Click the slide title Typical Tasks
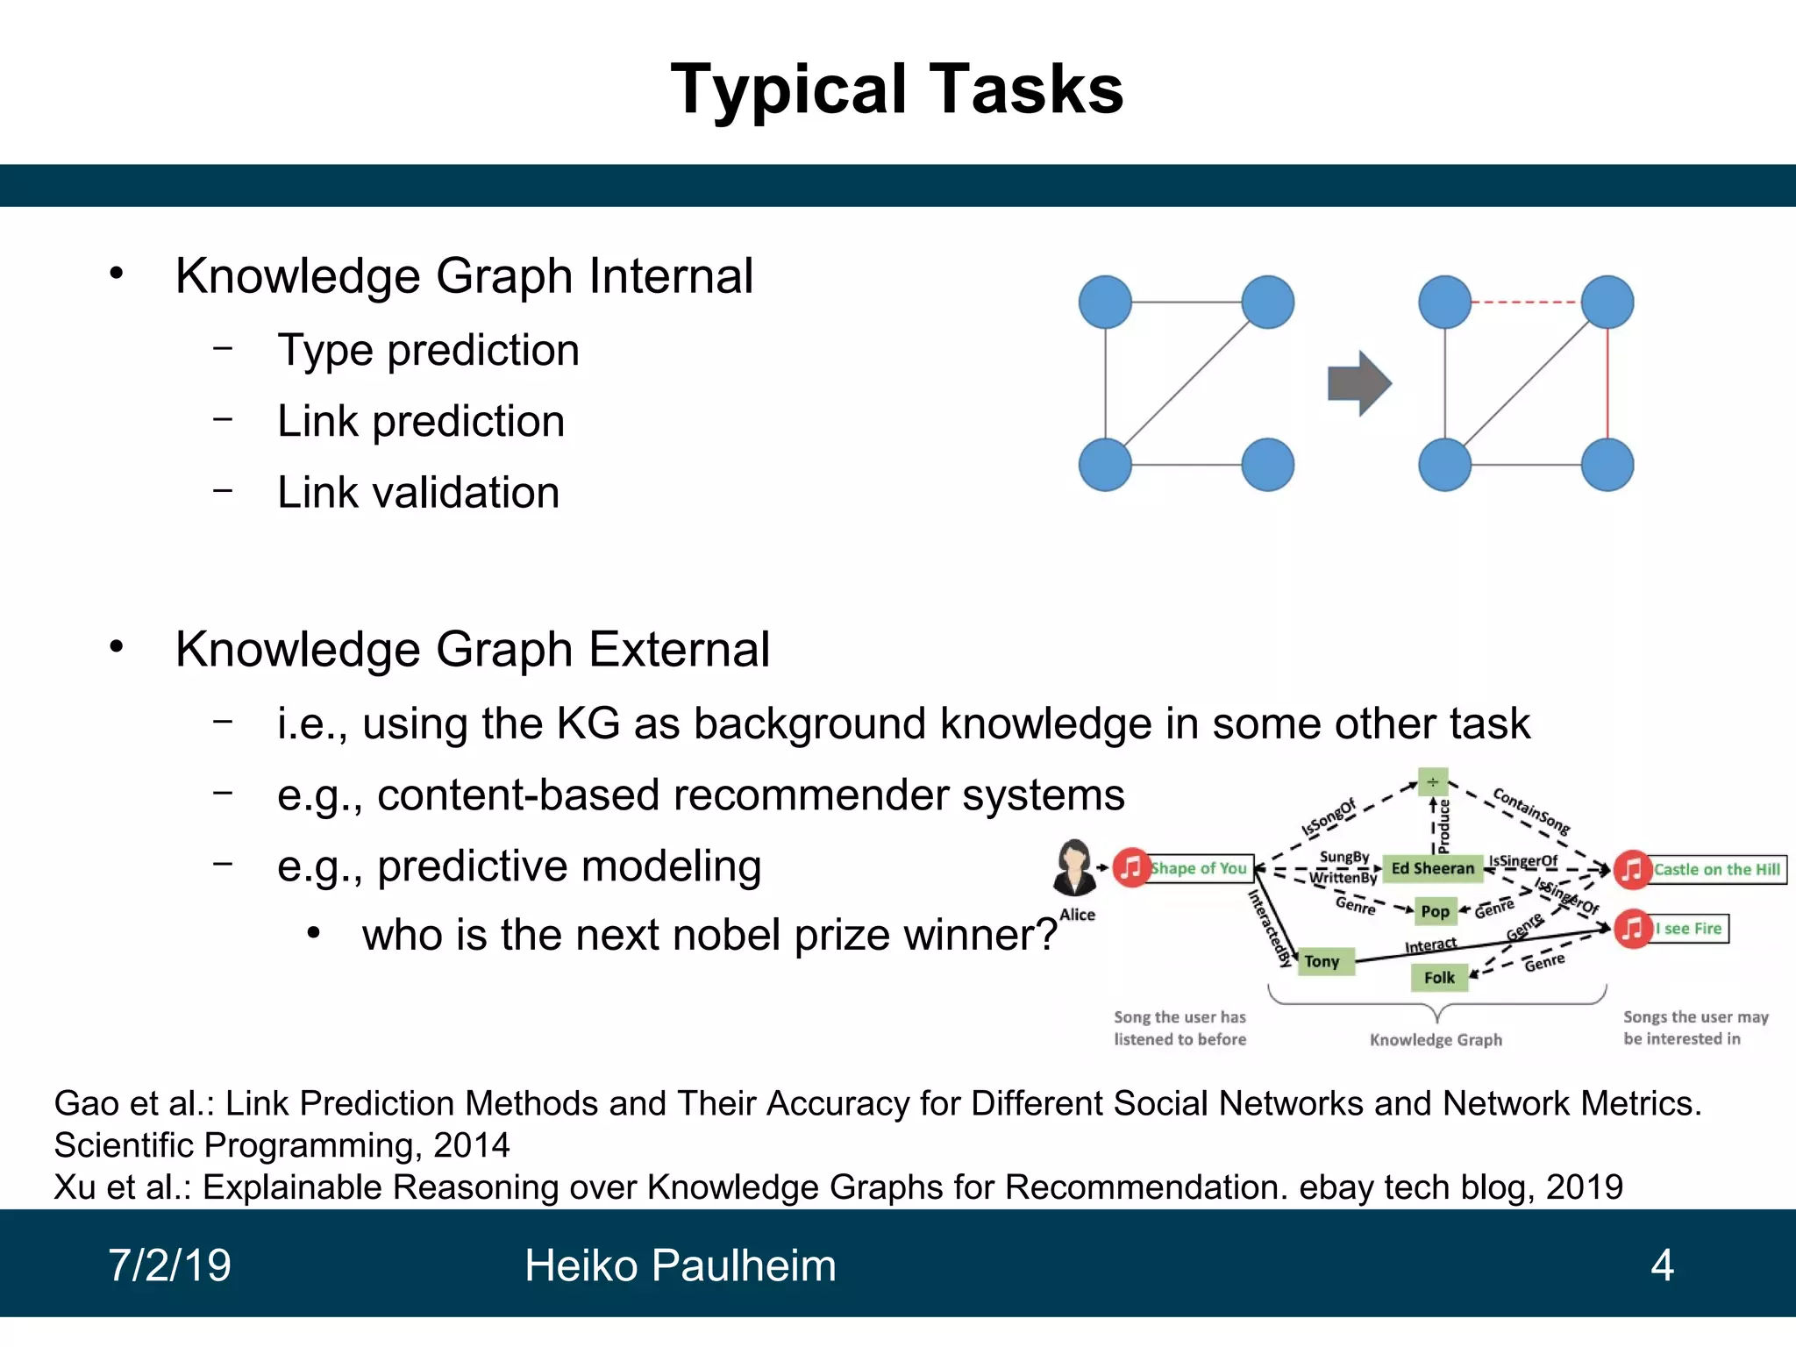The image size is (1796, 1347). pyautogui.click(x=896, y=89)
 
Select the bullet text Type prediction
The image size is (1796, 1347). pyautogui.click(x=428, y=351)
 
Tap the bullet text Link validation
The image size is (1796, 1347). pyautogui.click(x=418, y=493)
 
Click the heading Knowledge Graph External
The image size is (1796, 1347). pyautogui.click(x=472, y=650)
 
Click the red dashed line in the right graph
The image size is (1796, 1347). pyautogui.click(x=1525, y=303)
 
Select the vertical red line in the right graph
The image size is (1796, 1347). pyautogui.click(x=1607, y=383)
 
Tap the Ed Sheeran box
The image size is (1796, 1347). pyautogui.click(x=1432, y=868)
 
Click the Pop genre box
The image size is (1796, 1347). pyautogui.click(x=1435, y=911)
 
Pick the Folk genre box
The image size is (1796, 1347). pyautogui.click(x=1439, y=977)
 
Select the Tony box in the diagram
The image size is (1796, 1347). pyautogui.click(x=1322, y=961)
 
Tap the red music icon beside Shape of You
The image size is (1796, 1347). pyautogui.click(x=1131, y=868)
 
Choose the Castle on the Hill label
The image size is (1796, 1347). pyautogui.click(x=1716, y=869)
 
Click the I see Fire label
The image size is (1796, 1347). pyautogui.click(x=1688, y=929)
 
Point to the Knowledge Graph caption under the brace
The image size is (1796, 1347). pyautogui.click(x=1436, y=1040)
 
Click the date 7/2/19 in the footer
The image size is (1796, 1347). pyautogui.click(x=170, y=1265)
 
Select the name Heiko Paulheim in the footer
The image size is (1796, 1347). pyautogui.click(x=681, y=1265)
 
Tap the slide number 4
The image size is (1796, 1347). pyautogui.click(x=1662, y=1265)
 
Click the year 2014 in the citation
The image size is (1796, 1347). pyautogui.click(x=471, y=1145)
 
